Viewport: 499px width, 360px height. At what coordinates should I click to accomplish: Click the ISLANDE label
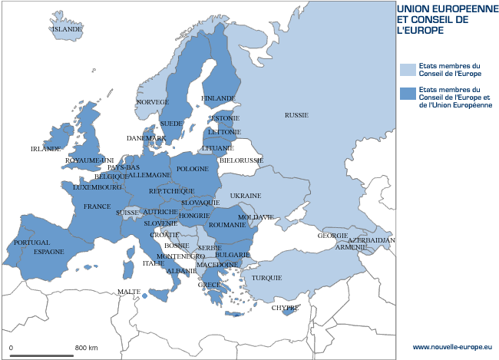66,30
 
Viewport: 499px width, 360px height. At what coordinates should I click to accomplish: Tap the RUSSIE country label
296,115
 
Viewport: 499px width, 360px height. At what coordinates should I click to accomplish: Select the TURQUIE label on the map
267,278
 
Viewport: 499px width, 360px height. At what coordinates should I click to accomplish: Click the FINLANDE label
218,99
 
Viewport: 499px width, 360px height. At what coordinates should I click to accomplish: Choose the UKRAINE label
246,196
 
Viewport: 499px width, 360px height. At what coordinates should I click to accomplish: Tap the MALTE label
129,292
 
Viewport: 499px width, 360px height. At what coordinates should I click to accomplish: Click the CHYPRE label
284,308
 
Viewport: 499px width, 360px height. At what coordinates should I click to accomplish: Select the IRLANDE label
45,149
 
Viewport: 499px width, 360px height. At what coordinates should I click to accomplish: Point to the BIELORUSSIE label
241,160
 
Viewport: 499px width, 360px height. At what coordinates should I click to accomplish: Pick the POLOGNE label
192,169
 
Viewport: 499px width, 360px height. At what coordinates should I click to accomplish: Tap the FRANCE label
97,206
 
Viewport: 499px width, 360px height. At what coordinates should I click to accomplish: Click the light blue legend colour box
407,70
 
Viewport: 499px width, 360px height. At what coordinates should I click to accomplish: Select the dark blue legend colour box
407,94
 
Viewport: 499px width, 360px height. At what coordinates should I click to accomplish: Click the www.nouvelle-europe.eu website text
455,348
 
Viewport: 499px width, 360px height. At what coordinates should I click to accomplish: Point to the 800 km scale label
86,348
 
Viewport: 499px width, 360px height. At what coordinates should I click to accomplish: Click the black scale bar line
41,355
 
